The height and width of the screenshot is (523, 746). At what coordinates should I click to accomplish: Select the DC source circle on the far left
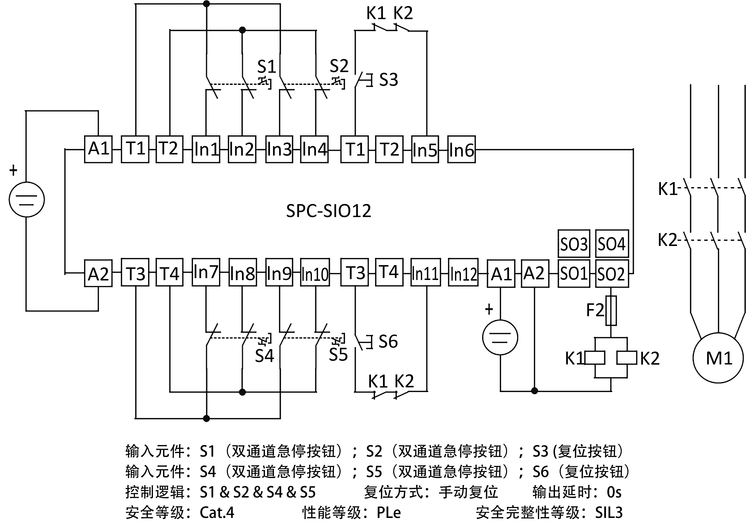[x=27, y=199]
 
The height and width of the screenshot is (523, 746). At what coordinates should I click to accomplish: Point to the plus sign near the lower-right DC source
[x=489, y=309]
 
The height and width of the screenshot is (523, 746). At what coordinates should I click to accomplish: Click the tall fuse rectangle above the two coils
[x=611, y=310]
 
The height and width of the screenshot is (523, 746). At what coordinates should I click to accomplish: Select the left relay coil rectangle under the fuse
[x=595, y=357]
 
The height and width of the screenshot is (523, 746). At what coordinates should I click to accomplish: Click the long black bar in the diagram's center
[x=328, y=210]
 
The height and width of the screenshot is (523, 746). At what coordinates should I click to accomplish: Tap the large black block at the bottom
[x=377, y=481]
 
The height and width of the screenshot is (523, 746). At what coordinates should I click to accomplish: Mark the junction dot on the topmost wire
[x=206, y=4]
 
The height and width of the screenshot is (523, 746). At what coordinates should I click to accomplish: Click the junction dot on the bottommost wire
[x=206, y=418]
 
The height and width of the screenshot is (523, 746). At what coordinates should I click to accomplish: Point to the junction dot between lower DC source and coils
[x=535, y=391]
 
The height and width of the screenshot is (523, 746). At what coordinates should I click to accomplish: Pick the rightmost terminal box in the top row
[x=461, y=149]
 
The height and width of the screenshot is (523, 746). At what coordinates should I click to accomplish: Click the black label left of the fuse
[x=595, y=310]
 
